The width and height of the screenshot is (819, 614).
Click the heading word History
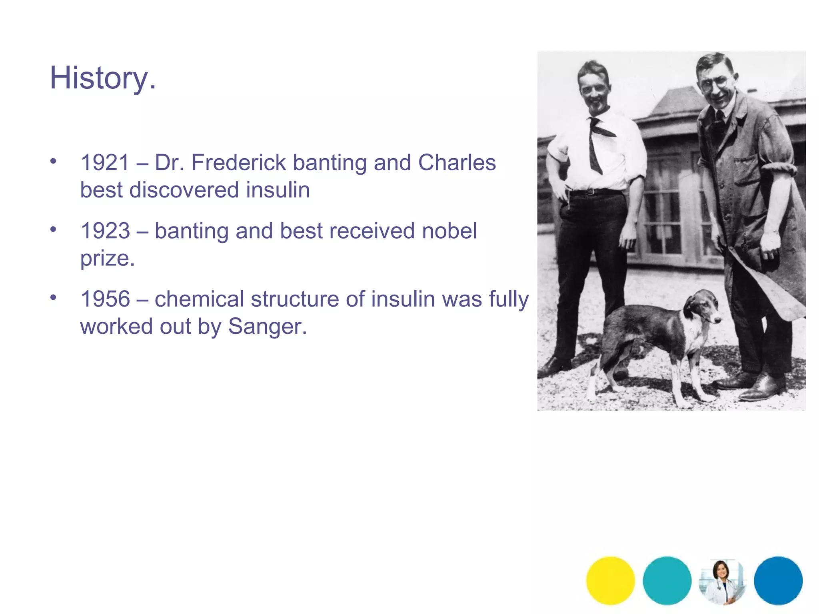point(102,78)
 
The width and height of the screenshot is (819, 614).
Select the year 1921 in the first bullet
point(105,163)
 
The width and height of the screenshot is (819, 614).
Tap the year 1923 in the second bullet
point(105,231)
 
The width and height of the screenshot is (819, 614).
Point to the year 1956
point(105,299)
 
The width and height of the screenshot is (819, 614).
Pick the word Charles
point(457,163)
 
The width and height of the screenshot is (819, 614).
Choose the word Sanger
point(267,327)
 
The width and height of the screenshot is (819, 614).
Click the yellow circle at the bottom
point(610,580)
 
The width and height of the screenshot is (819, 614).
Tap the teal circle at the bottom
point(667,580)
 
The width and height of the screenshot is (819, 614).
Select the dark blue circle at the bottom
point(778,580)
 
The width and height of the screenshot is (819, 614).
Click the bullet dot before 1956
point(53,297)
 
